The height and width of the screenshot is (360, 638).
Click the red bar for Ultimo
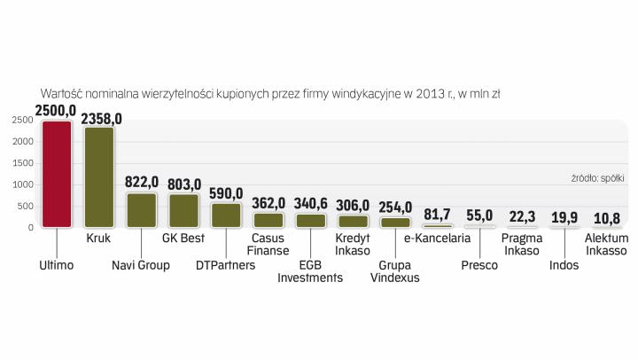point(57,174)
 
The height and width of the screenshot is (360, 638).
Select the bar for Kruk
point(98,177)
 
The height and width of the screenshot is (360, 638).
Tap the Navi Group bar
point(142,210)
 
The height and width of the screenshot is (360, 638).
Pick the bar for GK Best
point(183,211)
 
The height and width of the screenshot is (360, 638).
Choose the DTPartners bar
point(226,215)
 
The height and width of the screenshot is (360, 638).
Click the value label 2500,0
point(56,111)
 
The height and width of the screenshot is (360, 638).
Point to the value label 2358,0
point(101,118)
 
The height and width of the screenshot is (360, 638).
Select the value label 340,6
point(310,203)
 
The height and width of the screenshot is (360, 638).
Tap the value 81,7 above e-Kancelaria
point(438,215)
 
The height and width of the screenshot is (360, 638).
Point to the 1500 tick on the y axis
point(23,163)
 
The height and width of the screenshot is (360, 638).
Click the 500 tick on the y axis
point(26,206)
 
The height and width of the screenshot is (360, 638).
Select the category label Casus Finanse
point(268,245)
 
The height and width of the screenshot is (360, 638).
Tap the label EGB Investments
point(310,270)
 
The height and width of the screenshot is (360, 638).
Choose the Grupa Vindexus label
point(396,270)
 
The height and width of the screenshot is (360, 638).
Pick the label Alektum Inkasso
point(607,245)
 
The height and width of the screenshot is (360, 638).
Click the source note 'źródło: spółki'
point(598,178)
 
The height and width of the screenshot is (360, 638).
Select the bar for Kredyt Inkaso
point(353,221)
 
